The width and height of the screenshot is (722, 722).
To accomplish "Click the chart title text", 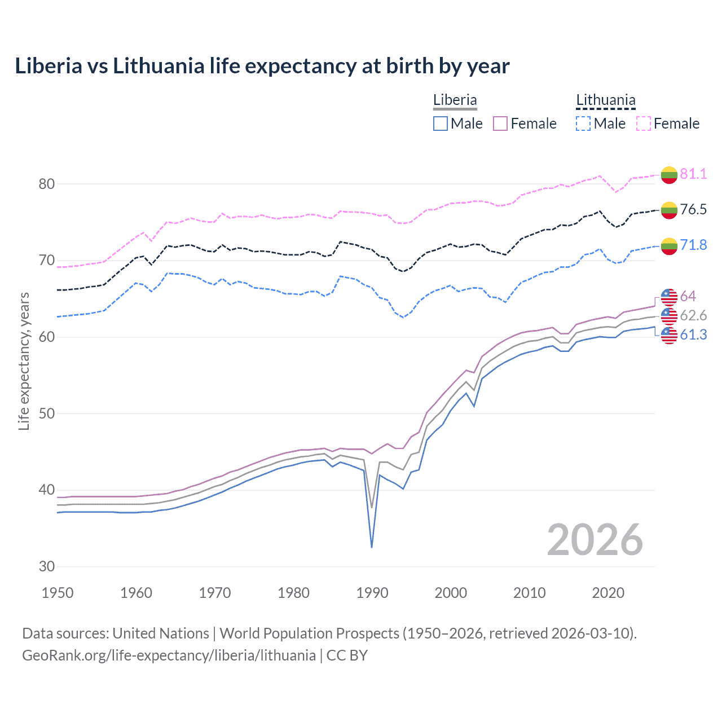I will pyautogui.click(x=262, y=66).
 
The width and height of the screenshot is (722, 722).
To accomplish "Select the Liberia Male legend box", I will pyautogui.click(x=441, y=124).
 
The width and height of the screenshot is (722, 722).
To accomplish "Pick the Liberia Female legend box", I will pyautogui.click(x=500, y=124).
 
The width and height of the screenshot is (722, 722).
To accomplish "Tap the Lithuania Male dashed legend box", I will pyautogui.click(x=583, y=124).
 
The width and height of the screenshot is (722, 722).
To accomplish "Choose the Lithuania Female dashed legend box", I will pyautogui.click(x=644, y=124).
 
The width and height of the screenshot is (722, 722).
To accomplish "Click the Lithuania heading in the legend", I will pyautogui.click(x=605, y=100).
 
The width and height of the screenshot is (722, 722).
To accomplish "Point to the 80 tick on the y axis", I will pyautogui.click(x=47, y=184).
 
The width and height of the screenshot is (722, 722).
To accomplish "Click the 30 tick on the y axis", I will pyautogui.click(x=47, y=566).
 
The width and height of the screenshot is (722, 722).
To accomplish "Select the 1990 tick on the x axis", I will pyautogui.click(x=372, y=593).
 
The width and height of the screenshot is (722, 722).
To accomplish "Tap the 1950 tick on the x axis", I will pyautogui.click(x=58, y=593).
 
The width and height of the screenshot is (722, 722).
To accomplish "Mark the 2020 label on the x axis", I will pyautogui.click(x=608, y=593).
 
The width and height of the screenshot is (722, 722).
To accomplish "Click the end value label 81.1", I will pyautogui.click(x=693, y=174).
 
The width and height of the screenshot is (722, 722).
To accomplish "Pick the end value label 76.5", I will pyautogui.click(x=693, y=209).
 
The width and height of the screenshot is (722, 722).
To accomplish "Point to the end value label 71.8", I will pyautogui.click(x=693, y=245).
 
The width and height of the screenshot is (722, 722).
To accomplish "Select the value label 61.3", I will pyautogui.click(x=693, y=334).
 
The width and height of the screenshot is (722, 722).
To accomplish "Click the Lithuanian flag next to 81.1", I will pyautogui.click(x=669, y=175).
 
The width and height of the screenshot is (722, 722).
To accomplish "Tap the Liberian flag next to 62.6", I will pyautogui.click(x=669, y=316).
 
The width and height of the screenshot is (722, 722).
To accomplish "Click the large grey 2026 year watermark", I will pyautogui.click(x=595, y=540).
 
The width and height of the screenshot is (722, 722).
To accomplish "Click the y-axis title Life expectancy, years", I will pyautogui.click(x=24, y=361).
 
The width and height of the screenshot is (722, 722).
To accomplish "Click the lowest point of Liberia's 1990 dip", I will pyautogui.click(x=372, y=547).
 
